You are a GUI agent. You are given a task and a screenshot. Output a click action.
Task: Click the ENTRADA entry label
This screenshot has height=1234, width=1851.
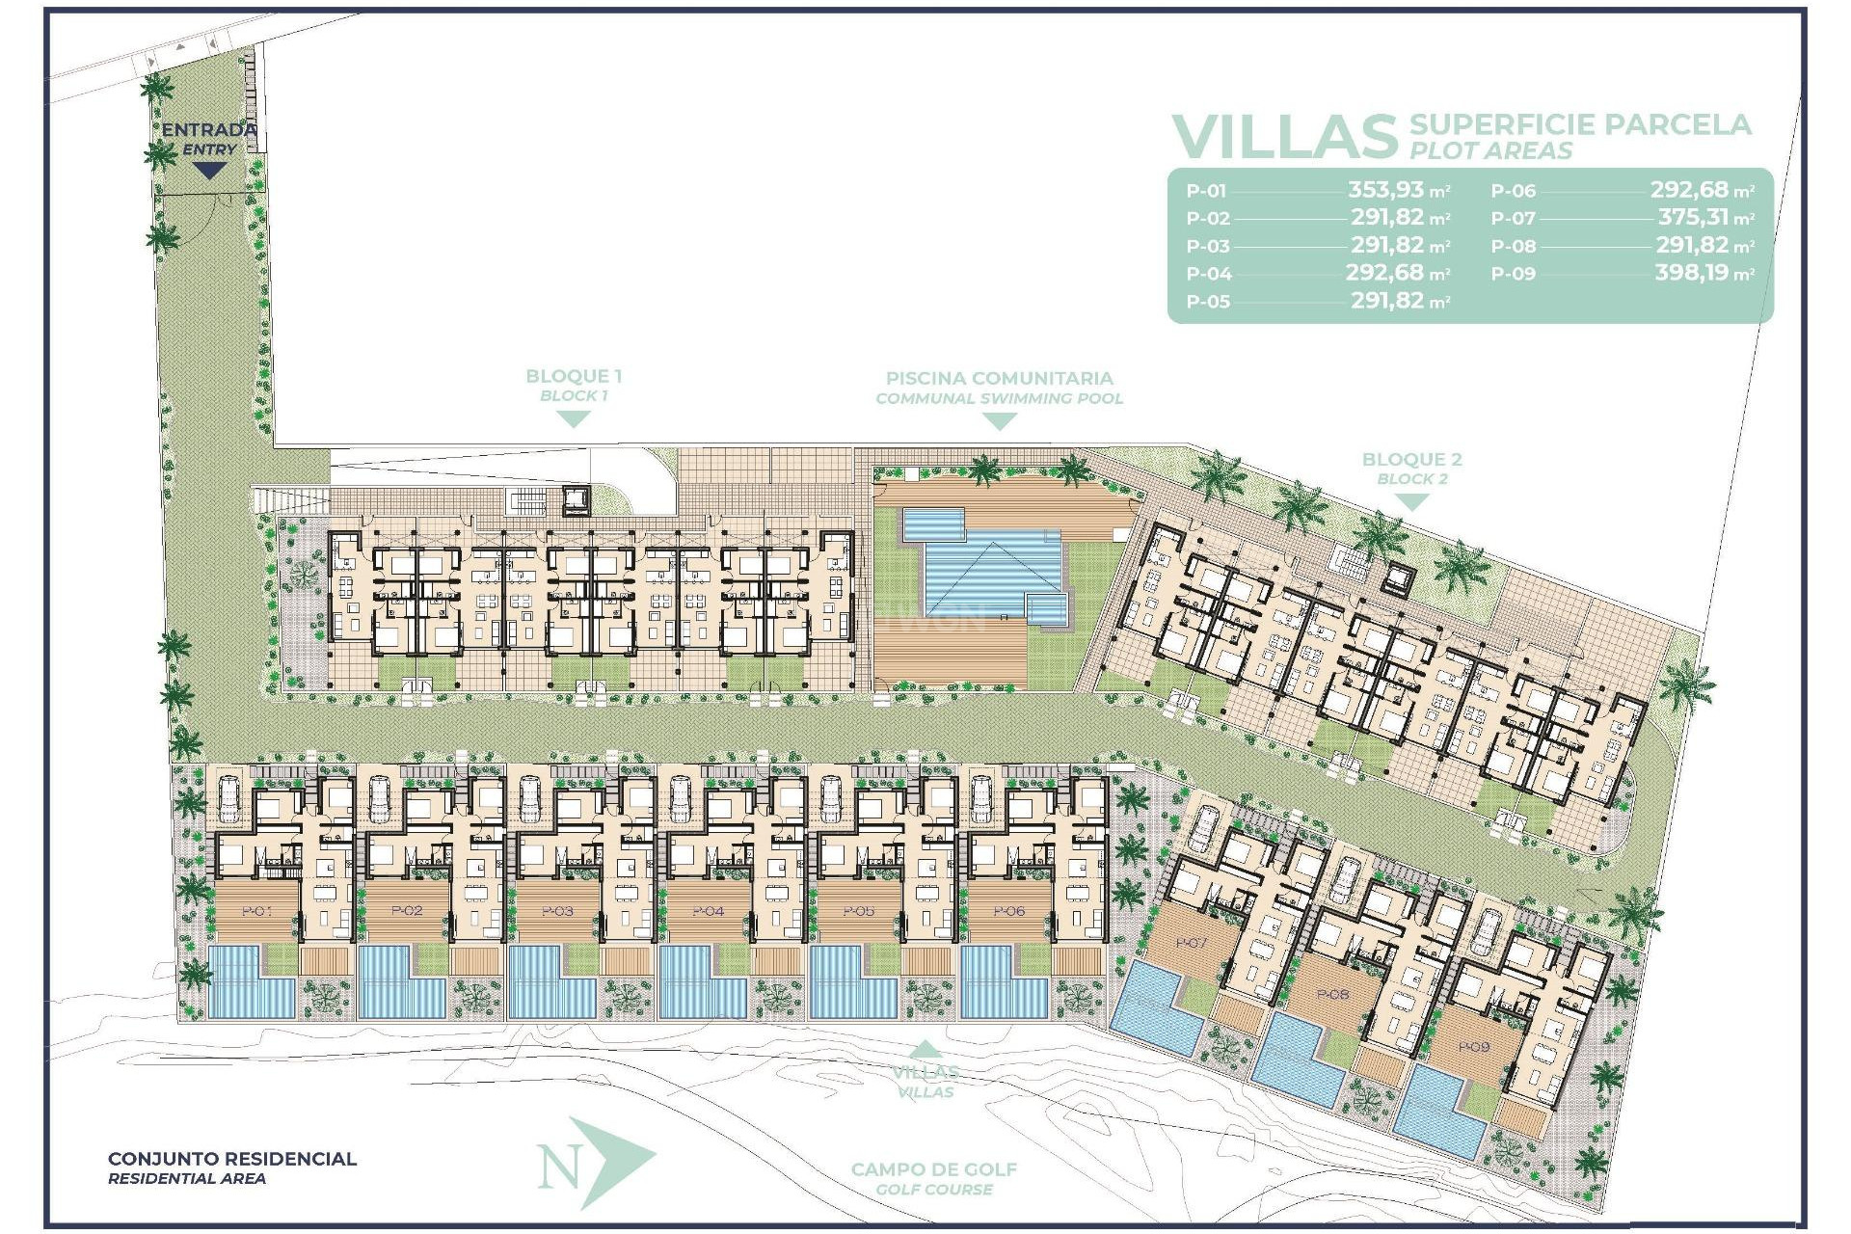[209, 130]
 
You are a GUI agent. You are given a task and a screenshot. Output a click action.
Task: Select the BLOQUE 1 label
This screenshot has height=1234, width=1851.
[574, 377]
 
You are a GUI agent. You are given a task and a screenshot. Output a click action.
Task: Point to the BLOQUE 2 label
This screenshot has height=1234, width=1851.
[1411, 460]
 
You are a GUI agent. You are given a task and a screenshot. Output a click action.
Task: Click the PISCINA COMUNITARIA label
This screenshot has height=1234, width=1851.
[999, 379]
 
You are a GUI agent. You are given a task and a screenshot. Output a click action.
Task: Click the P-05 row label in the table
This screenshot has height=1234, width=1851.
[1208, 302]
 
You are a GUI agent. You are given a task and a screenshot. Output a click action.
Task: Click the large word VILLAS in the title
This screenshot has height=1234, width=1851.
[1285, 137]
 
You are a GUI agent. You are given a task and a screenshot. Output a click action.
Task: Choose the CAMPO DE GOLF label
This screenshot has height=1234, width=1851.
[933, 1169]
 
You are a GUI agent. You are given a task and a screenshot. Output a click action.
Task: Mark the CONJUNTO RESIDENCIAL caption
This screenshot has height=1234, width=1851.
[232, 1159]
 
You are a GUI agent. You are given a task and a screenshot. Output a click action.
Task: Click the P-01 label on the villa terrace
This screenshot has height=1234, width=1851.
[257, 911]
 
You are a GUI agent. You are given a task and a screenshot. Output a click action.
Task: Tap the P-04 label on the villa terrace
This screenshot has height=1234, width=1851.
[709, 911]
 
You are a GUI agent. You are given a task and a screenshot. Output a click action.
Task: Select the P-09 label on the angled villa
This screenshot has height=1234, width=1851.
[1473, 1047]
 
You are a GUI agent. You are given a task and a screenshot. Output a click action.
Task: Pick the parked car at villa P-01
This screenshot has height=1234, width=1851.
[229, 799]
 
